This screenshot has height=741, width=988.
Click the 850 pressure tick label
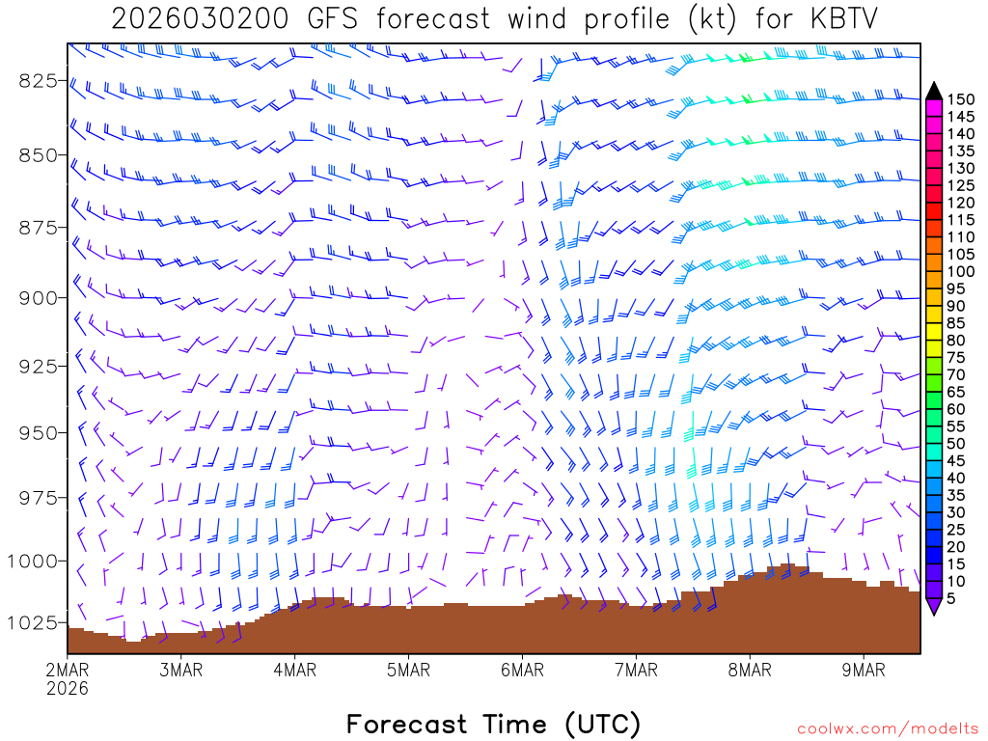tap(38, 154)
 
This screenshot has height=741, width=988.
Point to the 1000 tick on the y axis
tap(34, 561)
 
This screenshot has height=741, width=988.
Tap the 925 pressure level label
tap(38, 366)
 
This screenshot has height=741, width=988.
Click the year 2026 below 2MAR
tap(68, 688)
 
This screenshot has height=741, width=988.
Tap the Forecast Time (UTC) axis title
tap(493, 724)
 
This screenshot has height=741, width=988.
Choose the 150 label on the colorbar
tap(959, 99)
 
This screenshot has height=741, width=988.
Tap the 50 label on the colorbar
tap(955, 443)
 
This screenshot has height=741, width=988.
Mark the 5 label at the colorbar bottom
tap(951, 598)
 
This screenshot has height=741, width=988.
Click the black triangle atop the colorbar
tap(933, 91)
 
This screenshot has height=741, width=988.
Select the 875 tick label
tap(38, 227)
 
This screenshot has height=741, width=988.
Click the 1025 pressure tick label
tap(34, 622)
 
